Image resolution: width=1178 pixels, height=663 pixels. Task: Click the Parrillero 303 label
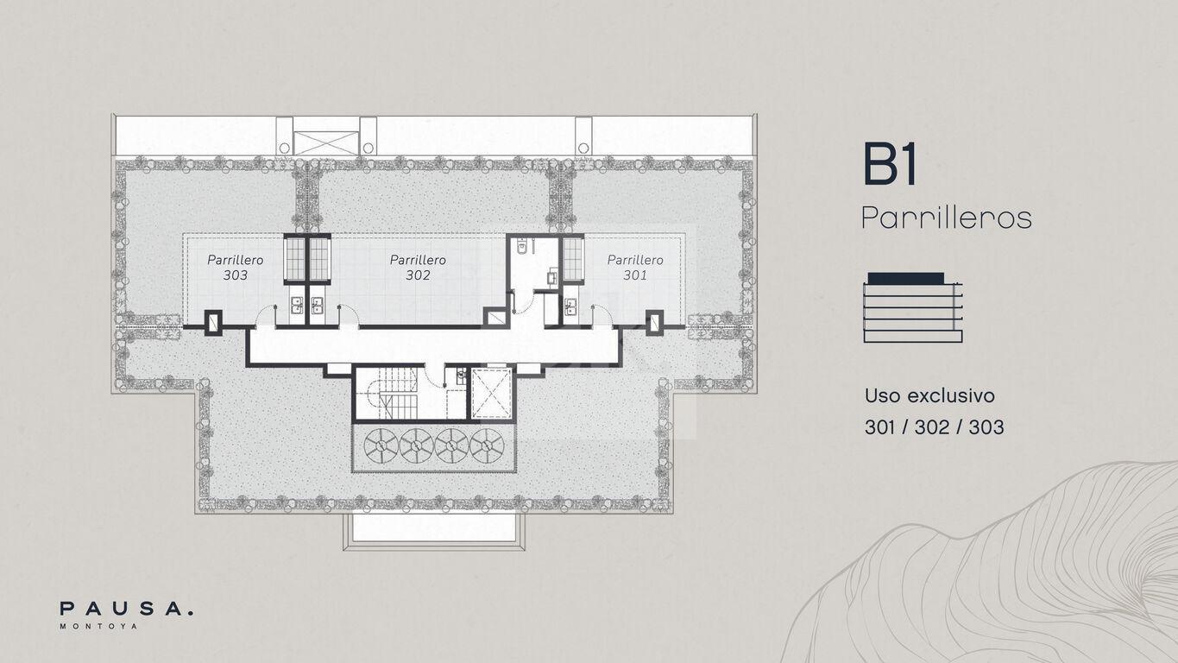[235, 268]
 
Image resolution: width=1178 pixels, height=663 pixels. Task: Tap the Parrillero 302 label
[418, 268]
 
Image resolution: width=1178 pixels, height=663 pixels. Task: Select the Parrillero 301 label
[635, 268]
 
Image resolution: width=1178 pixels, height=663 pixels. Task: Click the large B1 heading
[890, 164]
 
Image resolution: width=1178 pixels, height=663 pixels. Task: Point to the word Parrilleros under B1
[947, 218]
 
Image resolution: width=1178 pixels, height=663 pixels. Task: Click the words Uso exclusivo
[929, 395]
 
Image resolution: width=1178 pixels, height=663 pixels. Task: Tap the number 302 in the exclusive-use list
[934, 427]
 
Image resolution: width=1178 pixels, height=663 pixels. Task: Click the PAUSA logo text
[126, 609]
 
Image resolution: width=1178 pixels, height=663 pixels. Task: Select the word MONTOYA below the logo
[99, 626]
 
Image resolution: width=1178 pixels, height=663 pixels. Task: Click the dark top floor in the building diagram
[905, 278]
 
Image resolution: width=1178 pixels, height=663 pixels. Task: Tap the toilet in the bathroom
[522, 246]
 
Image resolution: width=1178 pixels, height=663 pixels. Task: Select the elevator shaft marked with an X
[492, 394]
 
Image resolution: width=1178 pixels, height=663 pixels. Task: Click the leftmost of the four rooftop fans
[381, 445]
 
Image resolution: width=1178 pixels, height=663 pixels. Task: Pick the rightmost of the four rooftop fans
[487, 445]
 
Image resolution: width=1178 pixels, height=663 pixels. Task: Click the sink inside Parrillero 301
[570, 306]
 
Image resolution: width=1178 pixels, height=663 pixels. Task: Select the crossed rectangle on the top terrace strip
[325, 143]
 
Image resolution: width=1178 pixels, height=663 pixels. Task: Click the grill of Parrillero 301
[572, 258]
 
